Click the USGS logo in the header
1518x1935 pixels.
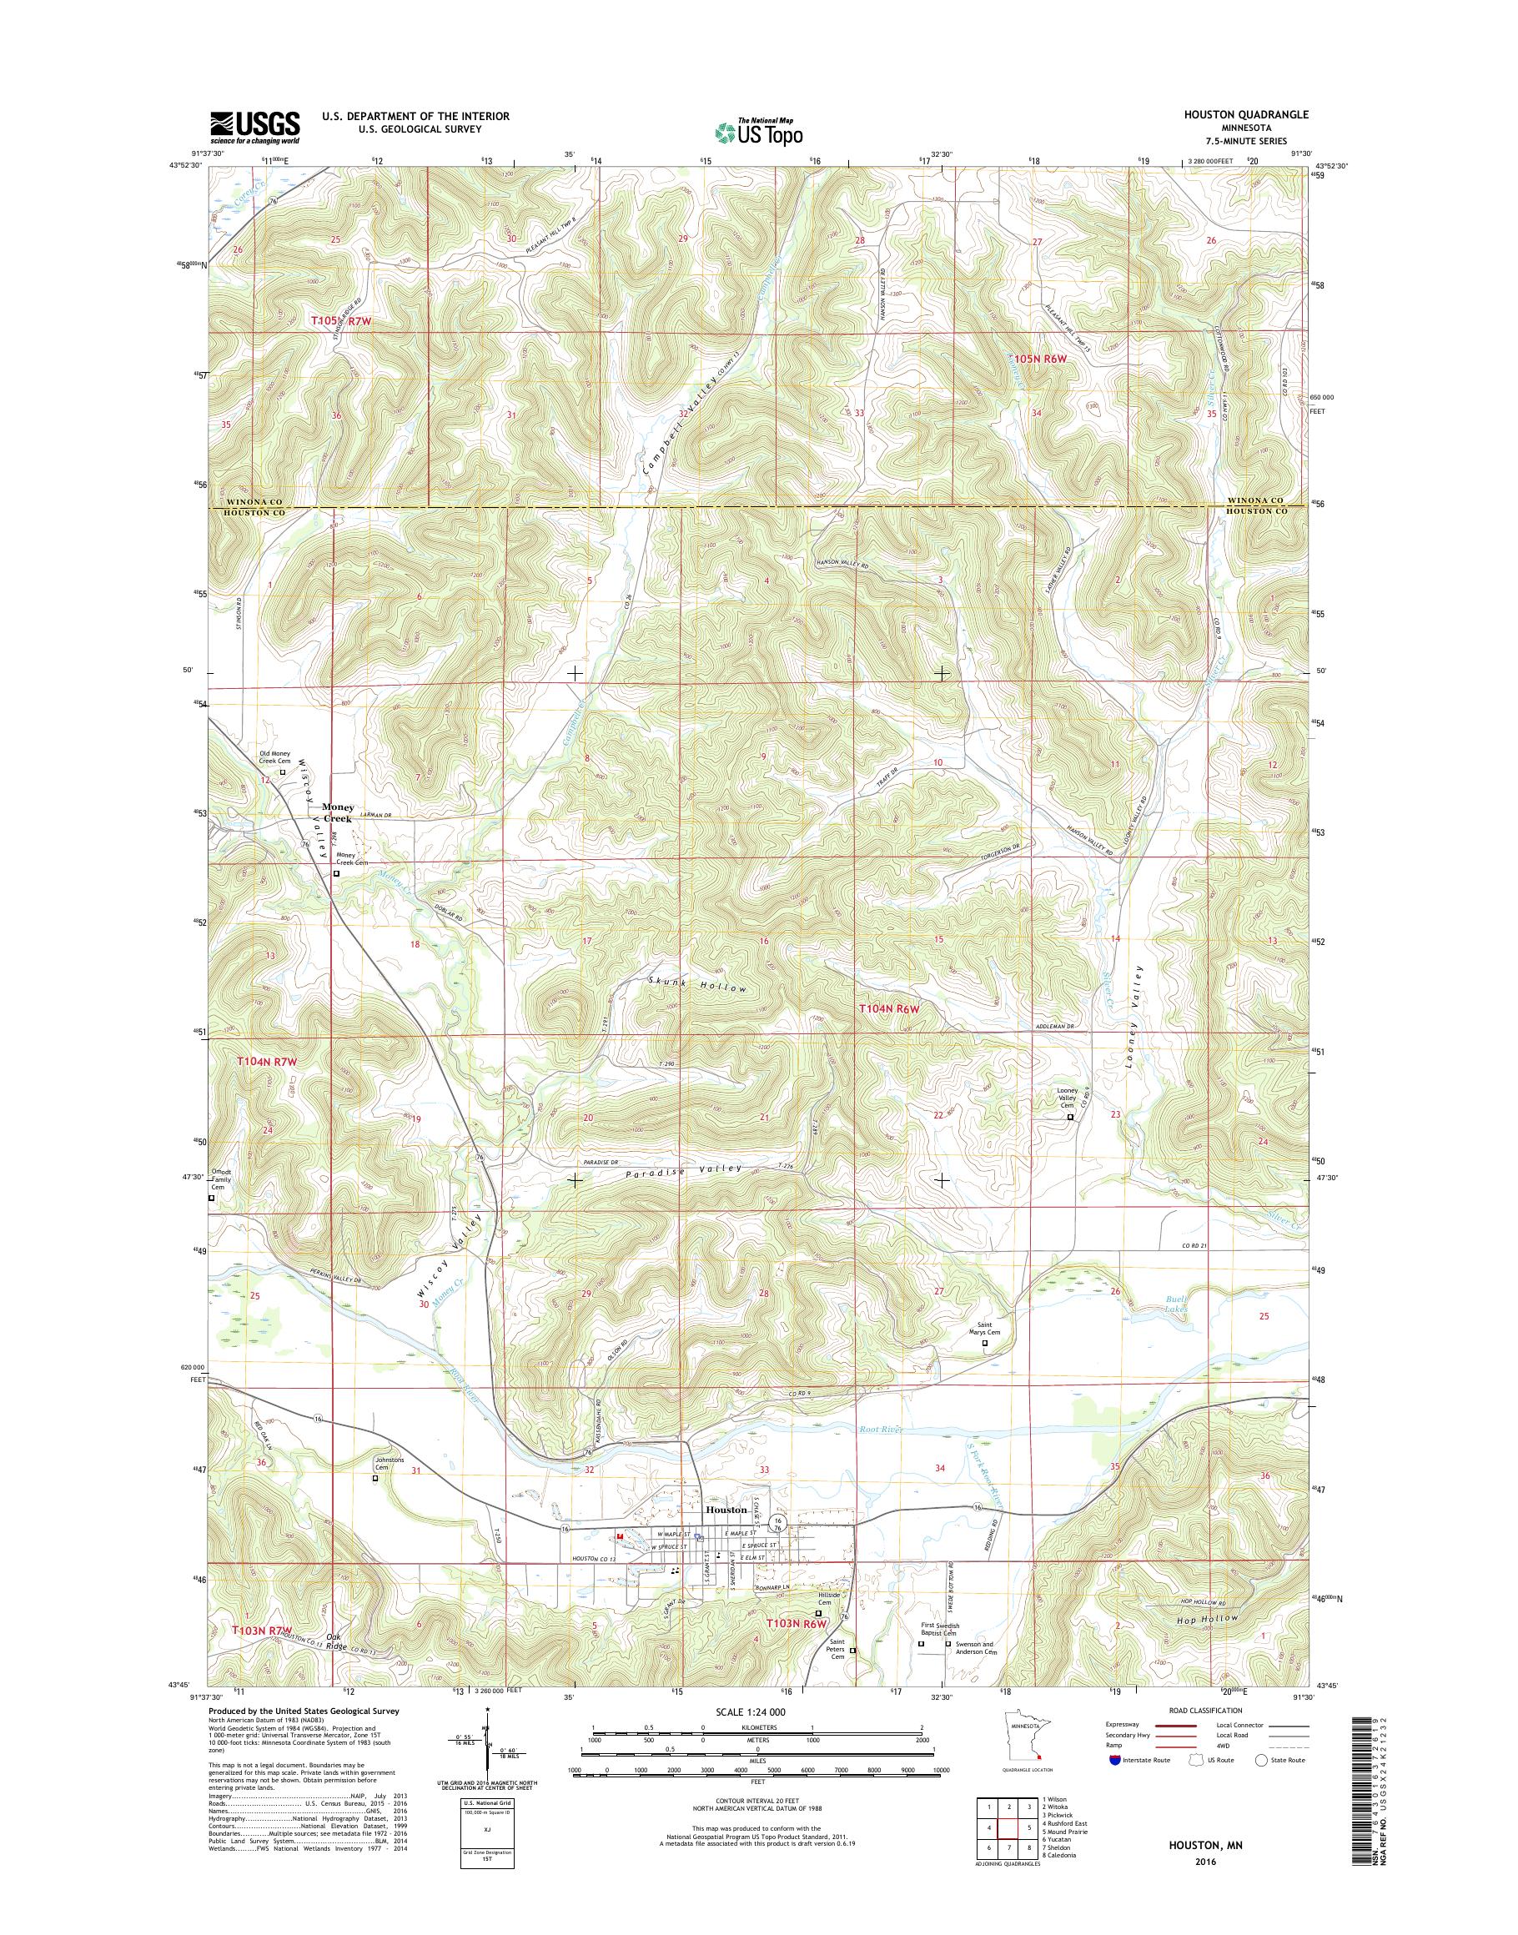click(254, 128)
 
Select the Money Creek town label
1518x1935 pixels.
click(338, 812)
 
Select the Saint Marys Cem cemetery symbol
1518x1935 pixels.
click(984, 1368)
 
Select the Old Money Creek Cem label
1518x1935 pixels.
click(274, 756)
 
